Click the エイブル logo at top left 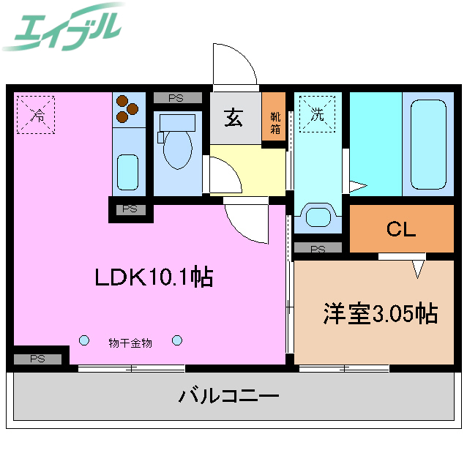pyautogui.click(x=62, y=27)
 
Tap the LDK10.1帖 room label pyautogui.click(x=153, y=277)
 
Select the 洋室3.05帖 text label pyautogui.click(x=380, y=313)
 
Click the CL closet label pyautogui.click(x=400, y=229)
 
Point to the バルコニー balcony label pyautogui.click(x=229, y=397)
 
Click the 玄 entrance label pyautogui.click(x=233, y=116)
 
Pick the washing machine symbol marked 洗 pyautogui.click(x=317, y=114)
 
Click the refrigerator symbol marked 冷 pyautogui.click(x=37, y=114)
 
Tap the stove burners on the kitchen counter pyautogui.click(x=127, y=109)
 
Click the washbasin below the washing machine pyautogui.click(x=318, y=216)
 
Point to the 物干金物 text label pyautogui.click(x=130, y=342)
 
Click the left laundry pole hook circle pyautogui.click(x=84, y=340)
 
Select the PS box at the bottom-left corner pyautogui.click(x=37, y=359)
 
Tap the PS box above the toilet pyautogui.click(x=176, y=97)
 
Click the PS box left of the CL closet pyautogui.click(x=317, y=249)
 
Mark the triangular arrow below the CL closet pyautogui.click(x=418, y=268)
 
